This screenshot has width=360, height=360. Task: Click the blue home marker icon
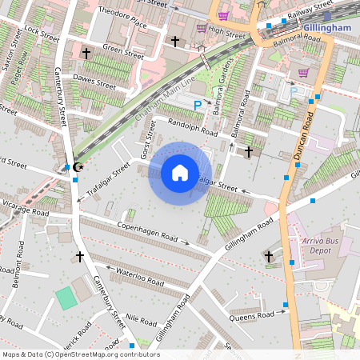coord(180,173)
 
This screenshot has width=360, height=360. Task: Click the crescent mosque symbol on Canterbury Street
coord(78,166)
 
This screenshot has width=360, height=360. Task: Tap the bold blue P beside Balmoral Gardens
coord(198,105)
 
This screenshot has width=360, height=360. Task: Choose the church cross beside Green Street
coord(86,53)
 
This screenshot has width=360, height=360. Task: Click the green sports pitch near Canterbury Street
coord(65,298)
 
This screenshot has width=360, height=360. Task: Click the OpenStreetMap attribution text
coord(81,354)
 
